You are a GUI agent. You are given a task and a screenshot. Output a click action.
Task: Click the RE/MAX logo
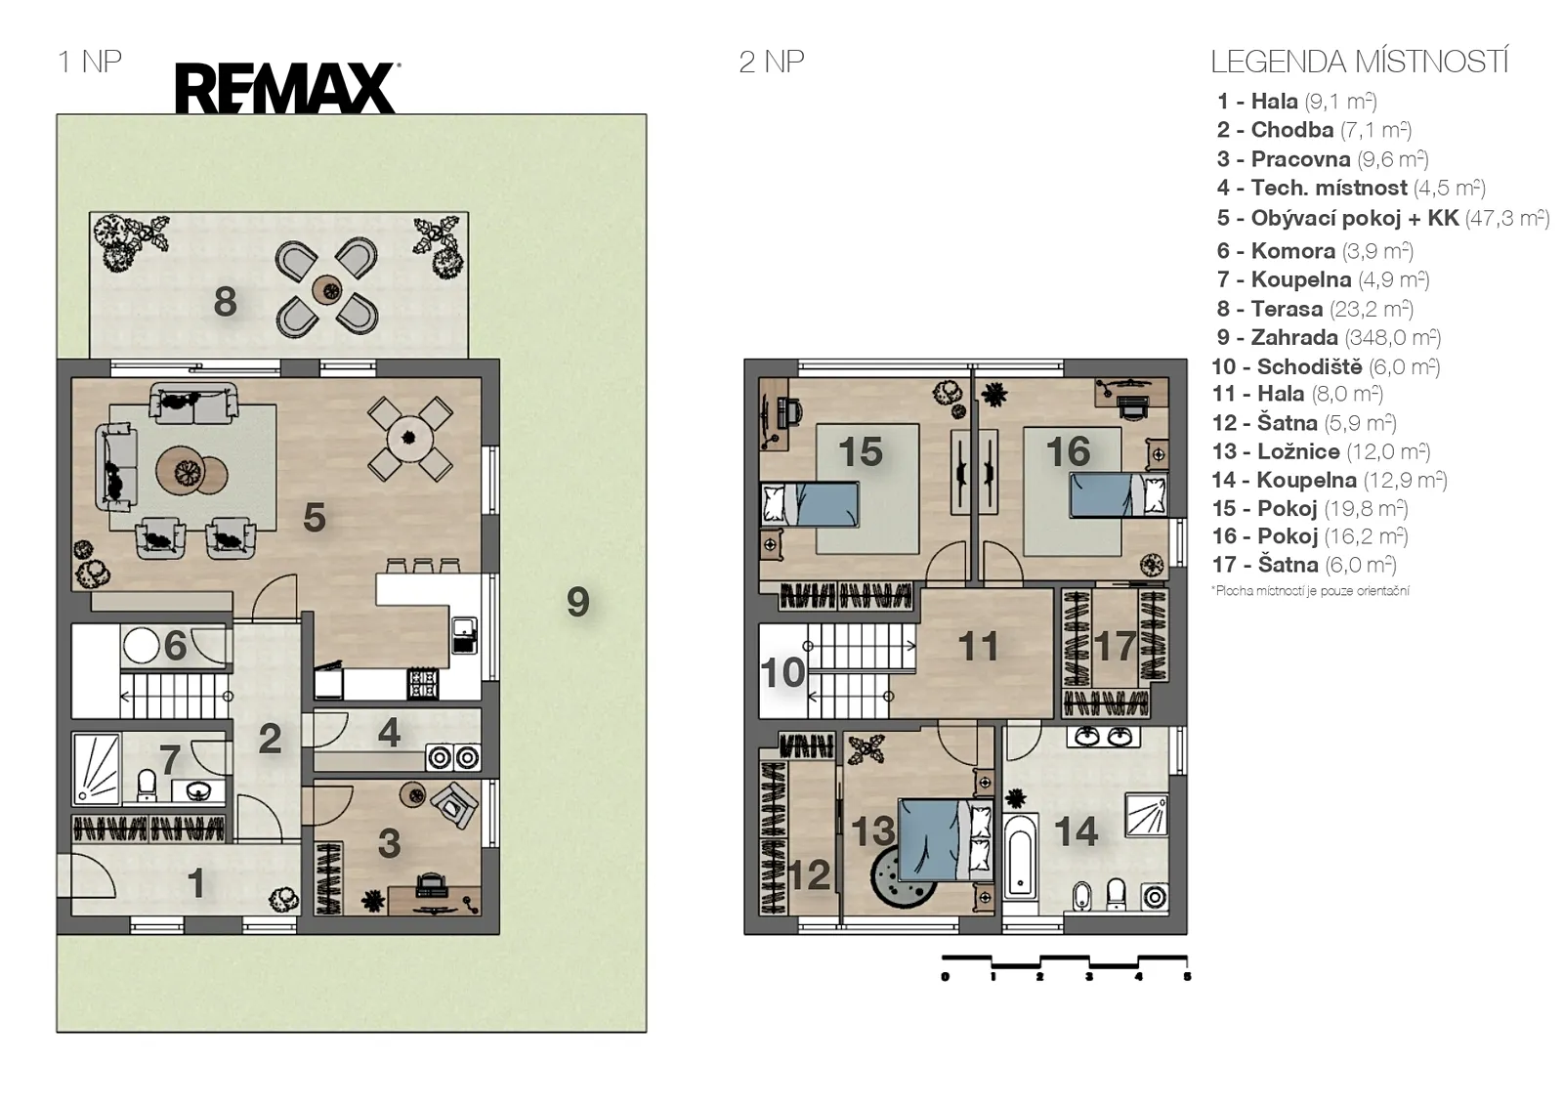coord(287,88)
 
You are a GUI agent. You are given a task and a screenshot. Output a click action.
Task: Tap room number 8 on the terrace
coord(225,302)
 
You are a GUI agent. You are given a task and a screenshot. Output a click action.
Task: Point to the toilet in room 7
coord(148,785)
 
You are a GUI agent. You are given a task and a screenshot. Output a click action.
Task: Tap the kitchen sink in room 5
coord(464,634)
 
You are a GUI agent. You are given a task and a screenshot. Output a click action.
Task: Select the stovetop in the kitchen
coord(423,683)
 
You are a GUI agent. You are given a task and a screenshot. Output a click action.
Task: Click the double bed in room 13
coord(947,840)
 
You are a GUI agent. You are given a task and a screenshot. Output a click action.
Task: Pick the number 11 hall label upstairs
coord(978,646)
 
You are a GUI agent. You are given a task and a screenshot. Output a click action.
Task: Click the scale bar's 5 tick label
coord(1187,977)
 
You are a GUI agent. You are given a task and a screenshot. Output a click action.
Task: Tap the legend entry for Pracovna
coord(1323,159)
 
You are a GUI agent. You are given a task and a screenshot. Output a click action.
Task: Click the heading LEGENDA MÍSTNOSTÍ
coord(1359,63)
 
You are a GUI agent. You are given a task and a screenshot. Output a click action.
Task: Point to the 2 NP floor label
coord(771,63)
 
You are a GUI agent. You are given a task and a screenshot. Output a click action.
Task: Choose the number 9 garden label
coord(577,602)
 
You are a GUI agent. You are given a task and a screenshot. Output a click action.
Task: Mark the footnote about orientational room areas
coord(1310,591)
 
